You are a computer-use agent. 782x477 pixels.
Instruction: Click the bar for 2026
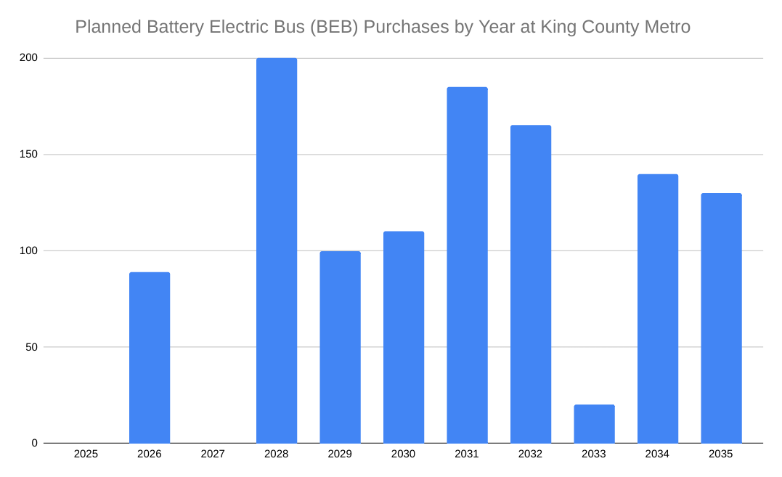pos(150,357)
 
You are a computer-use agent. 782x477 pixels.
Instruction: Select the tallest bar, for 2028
pos(277,250)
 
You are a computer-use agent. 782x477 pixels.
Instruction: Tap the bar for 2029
pos(340,347)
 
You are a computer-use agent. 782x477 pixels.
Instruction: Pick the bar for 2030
pos(404,337)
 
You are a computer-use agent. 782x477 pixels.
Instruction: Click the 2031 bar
pos(467,265)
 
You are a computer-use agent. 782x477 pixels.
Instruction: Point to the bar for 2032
pos(531,284)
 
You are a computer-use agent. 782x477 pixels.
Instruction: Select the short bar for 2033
pos(594,424)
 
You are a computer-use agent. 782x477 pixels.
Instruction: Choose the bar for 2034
pos(658,309)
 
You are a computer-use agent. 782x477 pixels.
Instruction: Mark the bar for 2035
pos(721,318)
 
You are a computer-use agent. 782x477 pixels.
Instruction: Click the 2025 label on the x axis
pos(86,454)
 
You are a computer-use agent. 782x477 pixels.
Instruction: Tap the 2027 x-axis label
pos(213,454)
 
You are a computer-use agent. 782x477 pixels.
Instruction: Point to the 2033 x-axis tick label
pos(594,454)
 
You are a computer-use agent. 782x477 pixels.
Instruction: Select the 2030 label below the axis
pos(404,454)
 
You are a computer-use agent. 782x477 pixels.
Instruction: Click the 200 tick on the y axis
pos(29,58)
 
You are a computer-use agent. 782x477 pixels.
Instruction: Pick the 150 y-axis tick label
pos(29,155)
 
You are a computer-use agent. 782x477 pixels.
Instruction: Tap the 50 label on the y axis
pos(31,347)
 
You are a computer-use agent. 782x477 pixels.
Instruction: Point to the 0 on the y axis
pos(35,443)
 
